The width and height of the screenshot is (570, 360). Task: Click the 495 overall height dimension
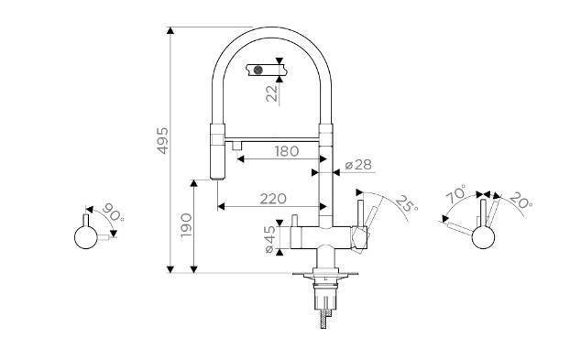pos(162,140)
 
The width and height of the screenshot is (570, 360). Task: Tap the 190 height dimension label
pos(186,225)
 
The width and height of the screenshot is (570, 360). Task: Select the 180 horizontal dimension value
pos(287,151)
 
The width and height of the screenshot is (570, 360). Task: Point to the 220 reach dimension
pos(273,199)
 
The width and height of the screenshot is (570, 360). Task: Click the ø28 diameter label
pos(358,165)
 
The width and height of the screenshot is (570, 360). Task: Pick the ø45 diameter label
pos(270,239)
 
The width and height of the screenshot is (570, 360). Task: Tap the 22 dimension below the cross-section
pos(272,93)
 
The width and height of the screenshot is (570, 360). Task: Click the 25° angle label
pos(406,203)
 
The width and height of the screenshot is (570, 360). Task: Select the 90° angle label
pos(113,212)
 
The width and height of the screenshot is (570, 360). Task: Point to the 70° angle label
pos(455,193)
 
